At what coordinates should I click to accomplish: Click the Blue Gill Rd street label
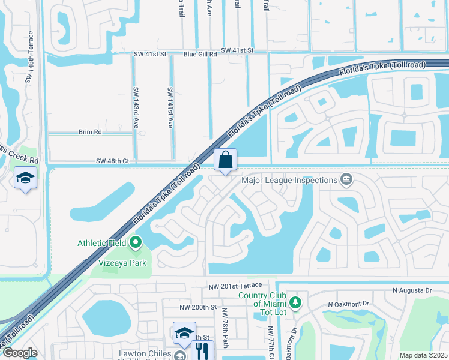(x=200, y=54)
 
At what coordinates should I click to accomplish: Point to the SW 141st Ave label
(x=170, y=107)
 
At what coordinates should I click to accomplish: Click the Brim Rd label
(x=90, y=131)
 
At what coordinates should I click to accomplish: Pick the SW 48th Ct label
(x=112, y=161)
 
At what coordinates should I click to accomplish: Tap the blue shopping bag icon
(x=225, y=160)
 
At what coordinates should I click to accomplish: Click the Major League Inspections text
(x=289, y=179)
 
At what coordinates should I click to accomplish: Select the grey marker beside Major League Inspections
(x=346, y=179)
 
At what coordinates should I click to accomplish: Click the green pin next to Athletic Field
(x=135, y=243)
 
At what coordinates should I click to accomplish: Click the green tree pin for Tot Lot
(x=294, y=302)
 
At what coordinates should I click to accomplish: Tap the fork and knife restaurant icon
(x=202, y=350)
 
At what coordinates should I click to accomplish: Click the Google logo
(x=19, y=353)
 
